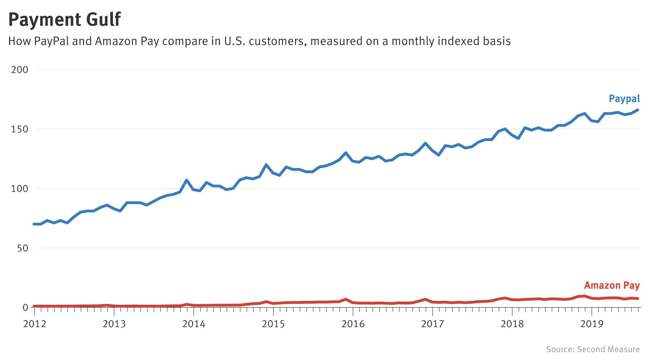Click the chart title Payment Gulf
tap(65, 20)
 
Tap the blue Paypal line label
tap(624, 99)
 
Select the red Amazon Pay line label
tap(612, 286)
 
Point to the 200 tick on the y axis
tap(20, 70)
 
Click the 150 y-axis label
tap(20, 129)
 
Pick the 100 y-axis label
tap(20, 188)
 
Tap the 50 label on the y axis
tap(22, 248)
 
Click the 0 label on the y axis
tap(25, 308)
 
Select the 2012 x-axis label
tap(35, 324)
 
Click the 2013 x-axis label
tap(114, 324)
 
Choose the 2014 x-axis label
tap(194, 324)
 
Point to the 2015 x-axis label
tap(273, 324)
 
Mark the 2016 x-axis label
tap(353, 324)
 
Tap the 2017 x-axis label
tap(433, 324)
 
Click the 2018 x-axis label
tap(512, 324)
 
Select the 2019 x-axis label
tap(592, 324)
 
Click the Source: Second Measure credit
tap(593, 349)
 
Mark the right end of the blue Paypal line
tap(638, 110)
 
